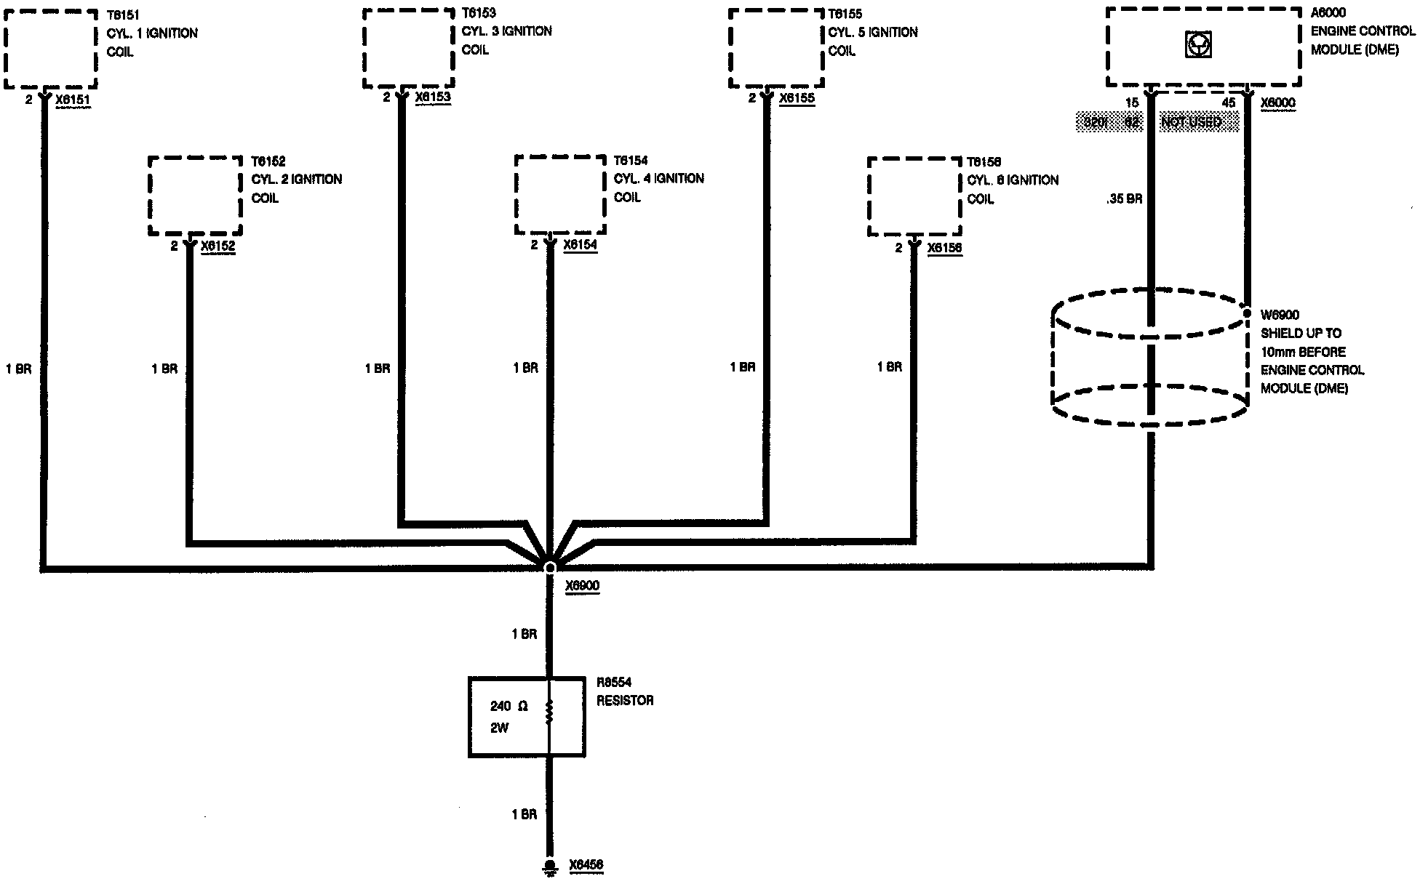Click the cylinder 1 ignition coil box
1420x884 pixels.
point(49,48)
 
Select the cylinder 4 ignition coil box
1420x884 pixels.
point(560,195)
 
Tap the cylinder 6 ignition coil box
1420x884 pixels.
point(914,196)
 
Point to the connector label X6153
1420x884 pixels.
point(433,97)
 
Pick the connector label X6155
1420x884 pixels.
point(797,98)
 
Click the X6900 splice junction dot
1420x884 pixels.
point(550,567)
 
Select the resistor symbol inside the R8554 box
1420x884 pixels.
point(549,712)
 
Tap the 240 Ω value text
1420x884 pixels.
point(508,706)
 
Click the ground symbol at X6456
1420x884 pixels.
point(550,866)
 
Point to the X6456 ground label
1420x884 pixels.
point(586,865)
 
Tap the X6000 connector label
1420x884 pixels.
point(1277,103)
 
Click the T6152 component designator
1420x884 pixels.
point(268,161)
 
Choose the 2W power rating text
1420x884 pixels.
point(499,728)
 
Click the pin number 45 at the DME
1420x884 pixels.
point(1229,103)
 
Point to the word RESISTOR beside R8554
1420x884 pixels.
point(625,701)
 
